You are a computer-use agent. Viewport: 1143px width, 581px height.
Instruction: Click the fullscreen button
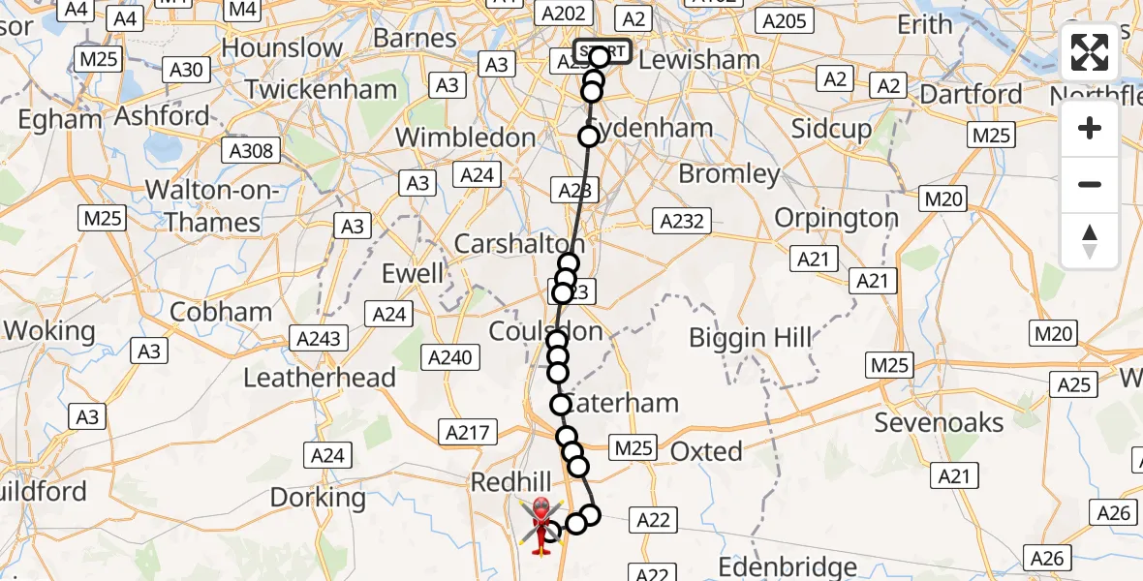pos(1090,52)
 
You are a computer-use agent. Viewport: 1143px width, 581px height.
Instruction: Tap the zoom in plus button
pos(1090,129)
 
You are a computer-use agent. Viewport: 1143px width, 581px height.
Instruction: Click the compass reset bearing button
pos(1090,240)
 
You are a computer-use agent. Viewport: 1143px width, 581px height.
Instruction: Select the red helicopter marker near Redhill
pos(541,524)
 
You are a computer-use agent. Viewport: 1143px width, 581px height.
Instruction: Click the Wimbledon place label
pos(466,138)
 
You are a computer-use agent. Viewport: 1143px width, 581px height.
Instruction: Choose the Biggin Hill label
pos(751,338)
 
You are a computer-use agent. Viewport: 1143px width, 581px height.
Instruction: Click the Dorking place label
pos(318,498)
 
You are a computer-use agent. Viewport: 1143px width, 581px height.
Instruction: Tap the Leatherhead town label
pos(320,378)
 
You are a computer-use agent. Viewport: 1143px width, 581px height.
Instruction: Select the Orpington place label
pos(838,218)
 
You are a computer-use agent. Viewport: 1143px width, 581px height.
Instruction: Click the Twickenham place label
pos(321,90)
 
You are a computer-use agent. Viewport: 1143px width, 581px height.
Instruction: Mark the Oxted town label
pos(707,451)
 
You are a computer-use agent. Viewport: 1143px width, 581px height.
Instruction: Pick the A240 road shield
pos(450,358)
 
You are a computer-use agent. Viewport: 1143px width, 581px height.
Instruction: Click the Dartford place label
pos(971,94)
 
